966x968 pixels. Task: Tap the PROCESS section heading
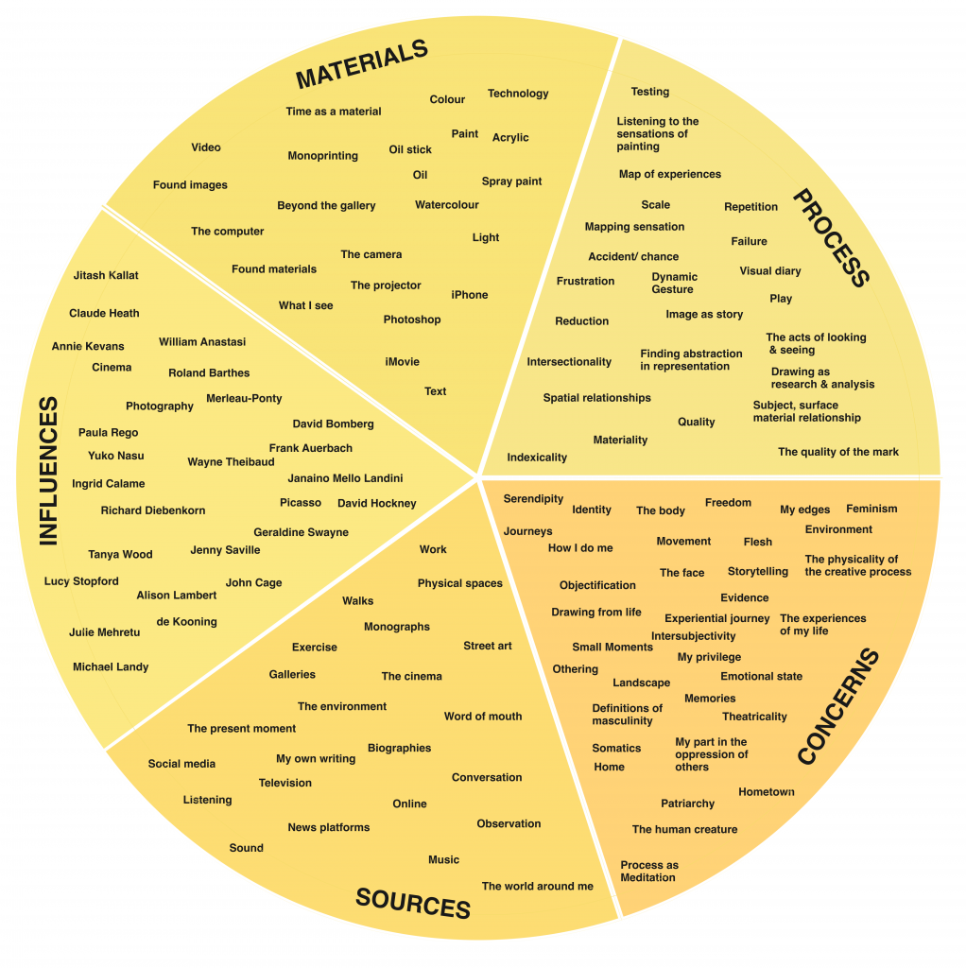coord(830,237)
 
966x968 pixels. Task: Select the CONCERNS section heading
coord(838,706)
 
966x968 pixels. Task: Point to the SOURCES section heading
coord(413,904)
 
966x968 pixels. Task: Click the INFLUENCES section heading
coord(48,471)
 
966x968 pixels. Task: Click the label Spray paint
coord(511,181)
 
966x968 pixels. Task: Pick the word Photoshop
coord(412,320)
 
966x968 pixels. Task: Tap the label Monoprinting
coord(323,156)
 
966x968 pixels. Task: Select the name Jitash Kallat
coord(106,275)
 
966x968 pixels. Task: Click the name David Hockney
coord(376,504)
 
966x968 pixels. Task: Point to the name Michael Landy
coord(111,667)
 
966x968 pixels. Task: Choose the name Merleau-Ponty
coord(244,399)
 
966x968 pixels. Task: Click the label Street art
coord(488,647)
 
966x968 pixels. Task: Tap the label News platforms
coord(329,828)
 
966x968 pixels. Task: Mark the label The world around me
coord(538,887)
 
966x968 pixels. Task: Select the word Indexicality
coord(537,458)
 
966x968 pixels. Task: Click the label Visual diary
coord(770,271)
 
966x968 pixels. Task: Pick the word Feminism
coord(871,509)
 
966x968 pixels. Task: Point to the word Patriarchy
coord(688,804)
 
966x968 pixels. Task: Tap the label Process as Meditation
coord(649,872)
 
